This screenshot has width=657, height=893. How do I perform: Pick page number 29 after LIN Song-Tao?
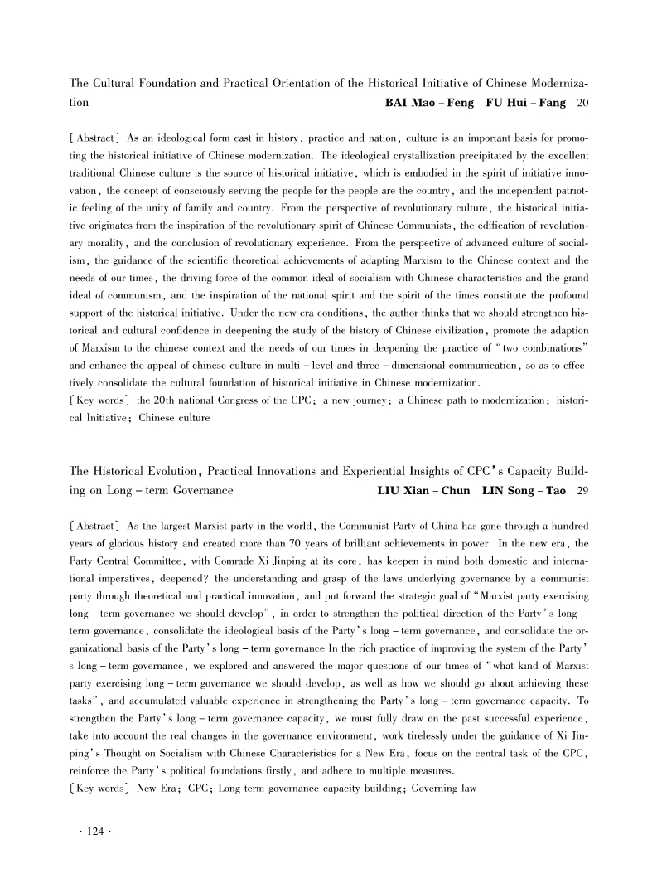tap(582, 491)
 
